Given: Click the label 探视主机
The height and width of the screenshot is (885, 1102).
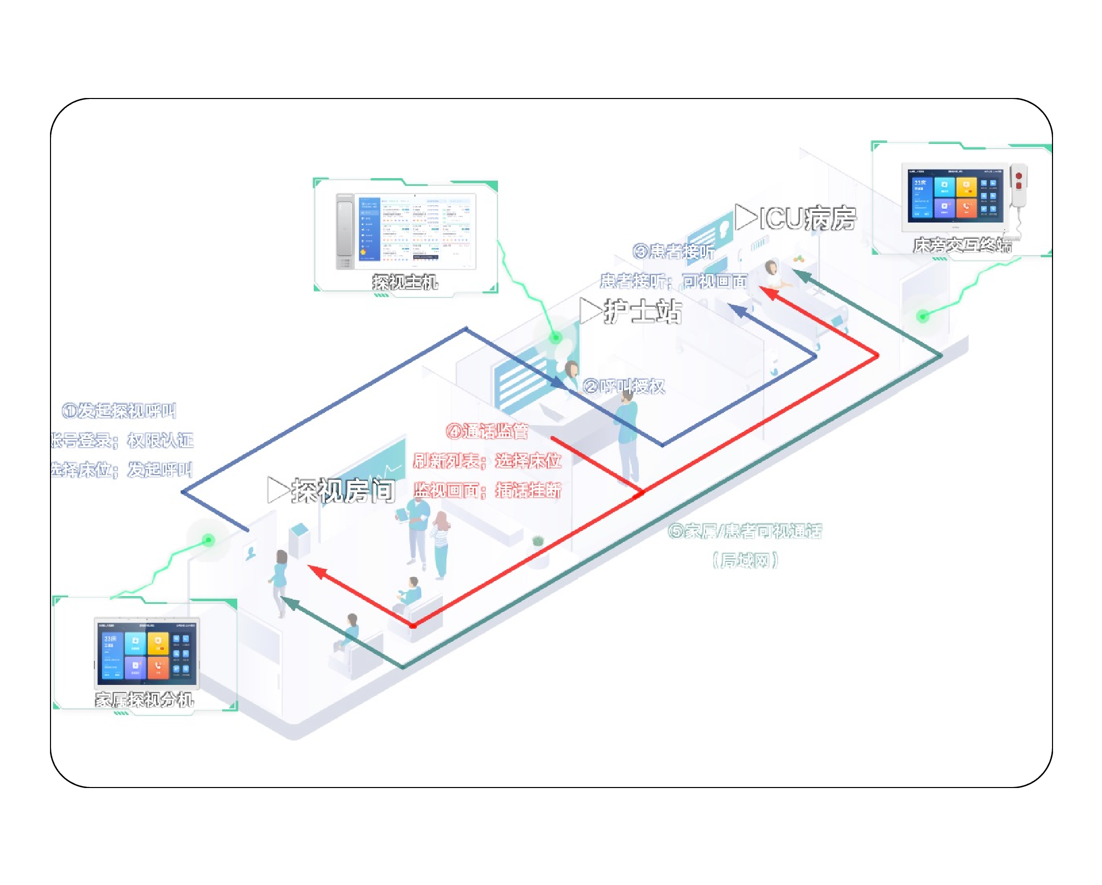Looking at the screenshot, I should coord(405,282).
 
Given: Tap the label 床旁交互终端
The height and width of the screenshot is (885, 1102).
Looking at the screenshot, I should coord(962,245).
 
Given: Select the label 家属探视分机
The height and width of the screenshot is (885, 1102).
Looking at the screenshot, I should coord(144,699).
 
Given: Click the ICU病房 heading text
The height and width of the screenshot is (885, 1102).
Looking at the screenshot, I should coord(807,218).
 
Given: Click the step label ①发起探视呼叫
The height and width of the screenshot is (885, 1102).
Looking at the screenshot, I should coord(119,410).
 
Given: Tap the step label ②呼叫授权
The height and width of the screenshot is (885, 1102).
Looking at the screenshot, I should coord(624,386).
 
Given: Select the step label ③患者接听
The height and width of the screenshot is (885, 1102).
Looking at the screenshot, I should coord(673,251).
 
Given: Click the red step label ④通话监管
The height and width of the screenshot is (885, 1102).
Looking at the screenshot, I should coord(487,431).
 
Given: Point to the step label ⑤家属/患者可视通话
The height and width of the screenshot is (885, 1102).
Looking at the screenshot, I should coord(745,531).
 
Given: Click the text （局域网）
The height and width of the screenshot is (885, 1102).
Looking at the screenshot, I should coord(745,561).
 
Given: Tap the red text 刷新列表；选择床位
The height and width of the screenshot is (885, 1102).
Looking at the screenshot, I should coord(487,461).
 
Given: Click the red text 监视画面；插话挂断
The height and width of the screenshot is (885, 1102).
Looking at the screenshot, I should coord(487,491).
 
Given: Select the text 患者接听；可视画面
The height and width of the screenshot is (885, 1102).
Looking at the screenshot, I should coord(673,281).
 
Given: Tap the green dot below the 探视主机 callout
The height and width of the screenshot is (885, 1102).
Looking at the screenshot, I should coord(556,337).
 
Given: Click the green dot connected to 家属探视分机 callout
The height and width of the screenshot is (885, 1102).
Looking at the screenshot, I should coord(208,540).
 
